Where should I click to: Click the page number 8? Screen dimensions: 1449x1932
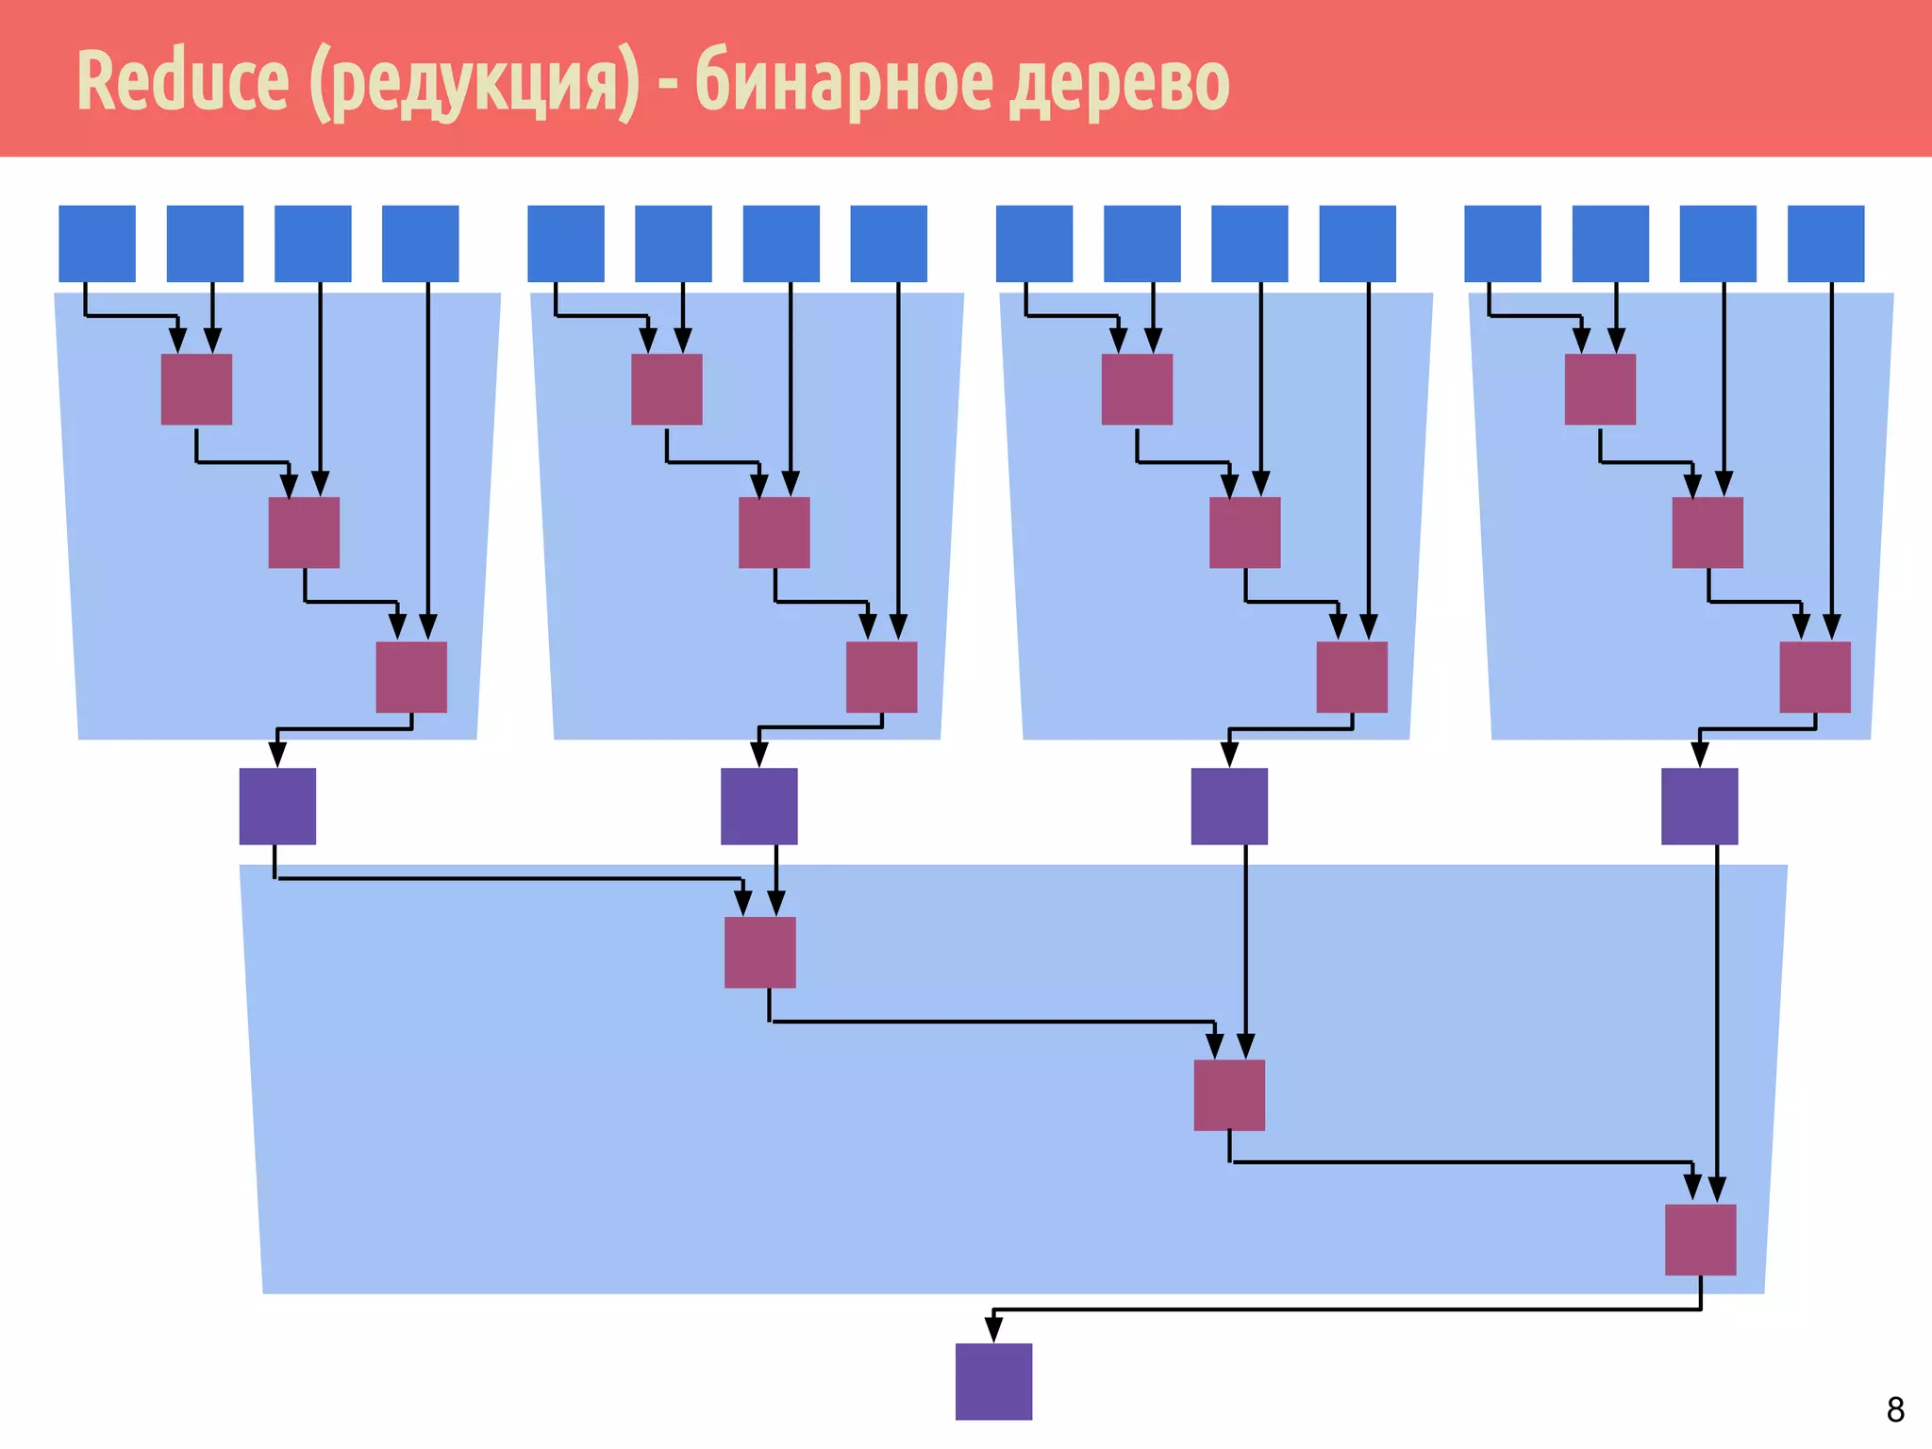click(x=1895, y=1409)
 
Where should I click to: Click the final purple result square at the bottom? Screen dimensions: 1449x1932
click(x=993, y=1381)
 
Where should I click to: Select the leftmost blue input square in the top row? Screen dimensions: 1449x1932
click(x=97, y=243)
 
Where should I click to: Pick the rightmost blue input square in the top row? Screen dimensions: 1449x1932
click(x=1825, y=243)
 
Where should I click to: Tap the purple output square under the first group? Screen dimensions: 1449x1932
click(x=277, y=806)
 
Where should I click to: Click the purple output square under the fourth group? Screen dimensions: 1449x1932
click(x=1699, y=806)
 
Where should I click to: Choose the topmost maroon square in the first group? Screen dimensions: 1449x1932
click(x=196, y=389)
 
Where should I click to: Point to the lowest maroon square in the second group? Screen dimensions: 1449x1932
click(x=881, y=676)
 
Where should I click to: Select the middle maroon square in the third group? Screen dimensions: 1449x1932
click(x=1244, y=532)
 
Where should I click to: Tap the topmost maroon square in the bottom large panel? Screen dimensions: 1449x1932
click(x=759, y=952)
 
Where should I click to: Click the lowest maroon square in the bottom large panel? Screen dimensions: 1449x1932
click(x=1700, y=1240)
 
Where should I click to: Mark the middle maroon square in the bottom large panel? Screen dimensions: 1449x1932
click(x=1229, y=1095)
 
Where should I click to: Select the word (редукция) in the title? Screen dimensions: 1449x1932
click(x=475, y=83)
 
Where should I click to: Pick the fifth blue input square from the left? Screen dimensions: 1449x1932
click(x=566, y=243)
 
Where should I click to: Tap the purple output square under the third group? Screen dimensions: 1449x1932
click(x=1229, y=806)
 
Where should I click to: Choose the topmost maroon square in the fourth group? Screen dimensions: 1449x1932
click(x=1600, y=389)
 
